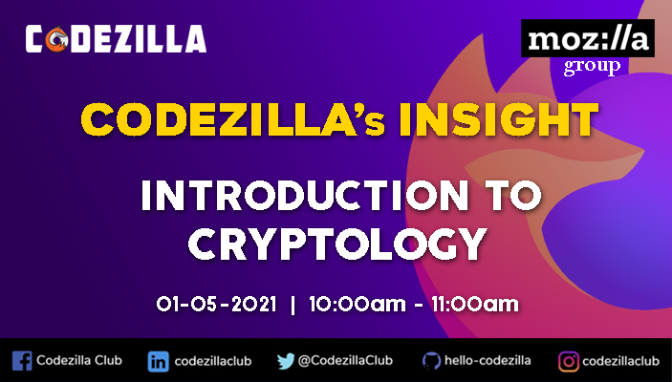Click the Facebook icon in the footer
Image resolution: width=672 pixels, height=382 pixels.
(22, 361)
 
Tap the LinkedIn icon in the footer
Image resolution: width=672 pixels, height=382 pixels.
(158, 361)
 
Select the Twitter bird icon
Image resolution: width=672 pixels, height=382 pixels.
(285, 361)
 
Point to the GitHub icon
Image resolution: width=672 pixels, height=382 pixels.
(430, 361)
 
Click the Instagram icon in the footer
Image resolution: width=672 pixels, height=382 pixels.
(568, 361)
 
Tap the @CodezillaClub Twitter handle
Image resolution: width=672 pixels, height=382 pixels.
(346, 361)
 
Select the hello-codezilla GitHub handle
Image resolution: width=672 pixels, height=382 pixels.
(488, 361)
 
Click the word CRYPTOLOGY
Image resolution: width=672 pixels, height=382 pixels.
(335, 244)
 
